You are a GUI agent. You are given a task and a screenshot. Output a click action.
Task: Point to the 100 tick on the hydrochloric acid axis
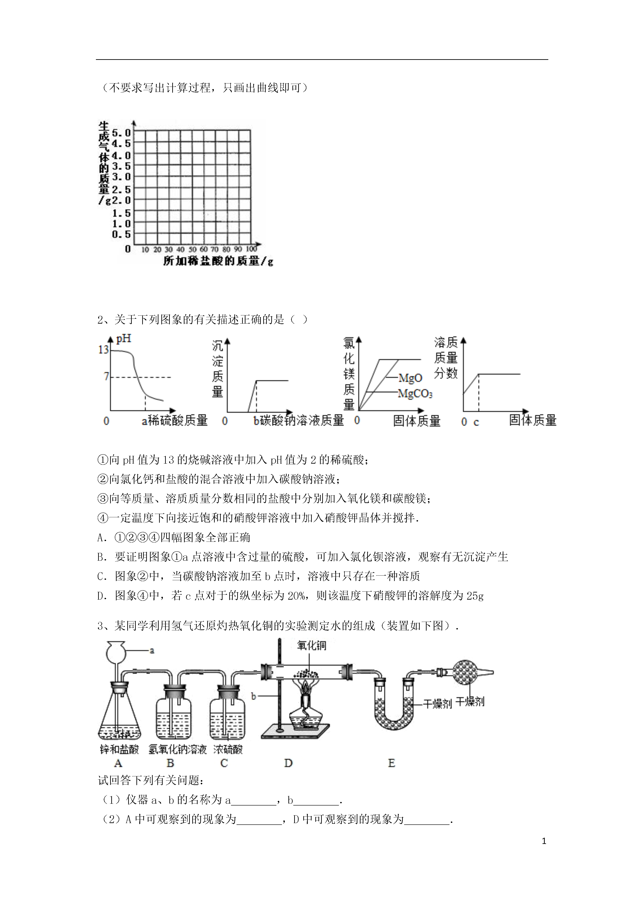(251, 249)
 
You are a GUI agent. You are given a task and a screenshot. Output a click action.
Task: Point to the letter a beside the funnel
(152, 650)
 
